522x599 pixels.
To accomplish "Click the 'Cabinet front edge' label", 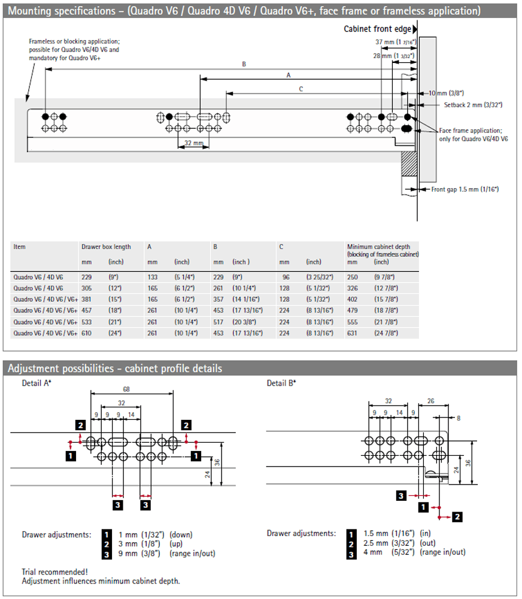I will click(377, 29).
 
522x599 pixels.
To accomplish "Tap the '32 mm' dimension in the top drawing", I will click(193, 143).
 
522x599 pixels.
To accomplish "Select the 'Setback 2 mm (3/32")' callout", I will click(473, 105).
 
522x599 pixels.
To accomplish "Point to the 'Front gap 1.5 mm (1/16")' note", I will click(465, 189).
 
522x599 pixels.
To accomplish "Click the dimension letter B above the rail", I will click(244, 63).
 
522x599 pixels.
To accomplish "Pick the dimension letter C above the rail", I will click(301, 89).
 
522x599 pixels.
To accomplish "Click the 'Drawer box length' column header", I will click(106, 247).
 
